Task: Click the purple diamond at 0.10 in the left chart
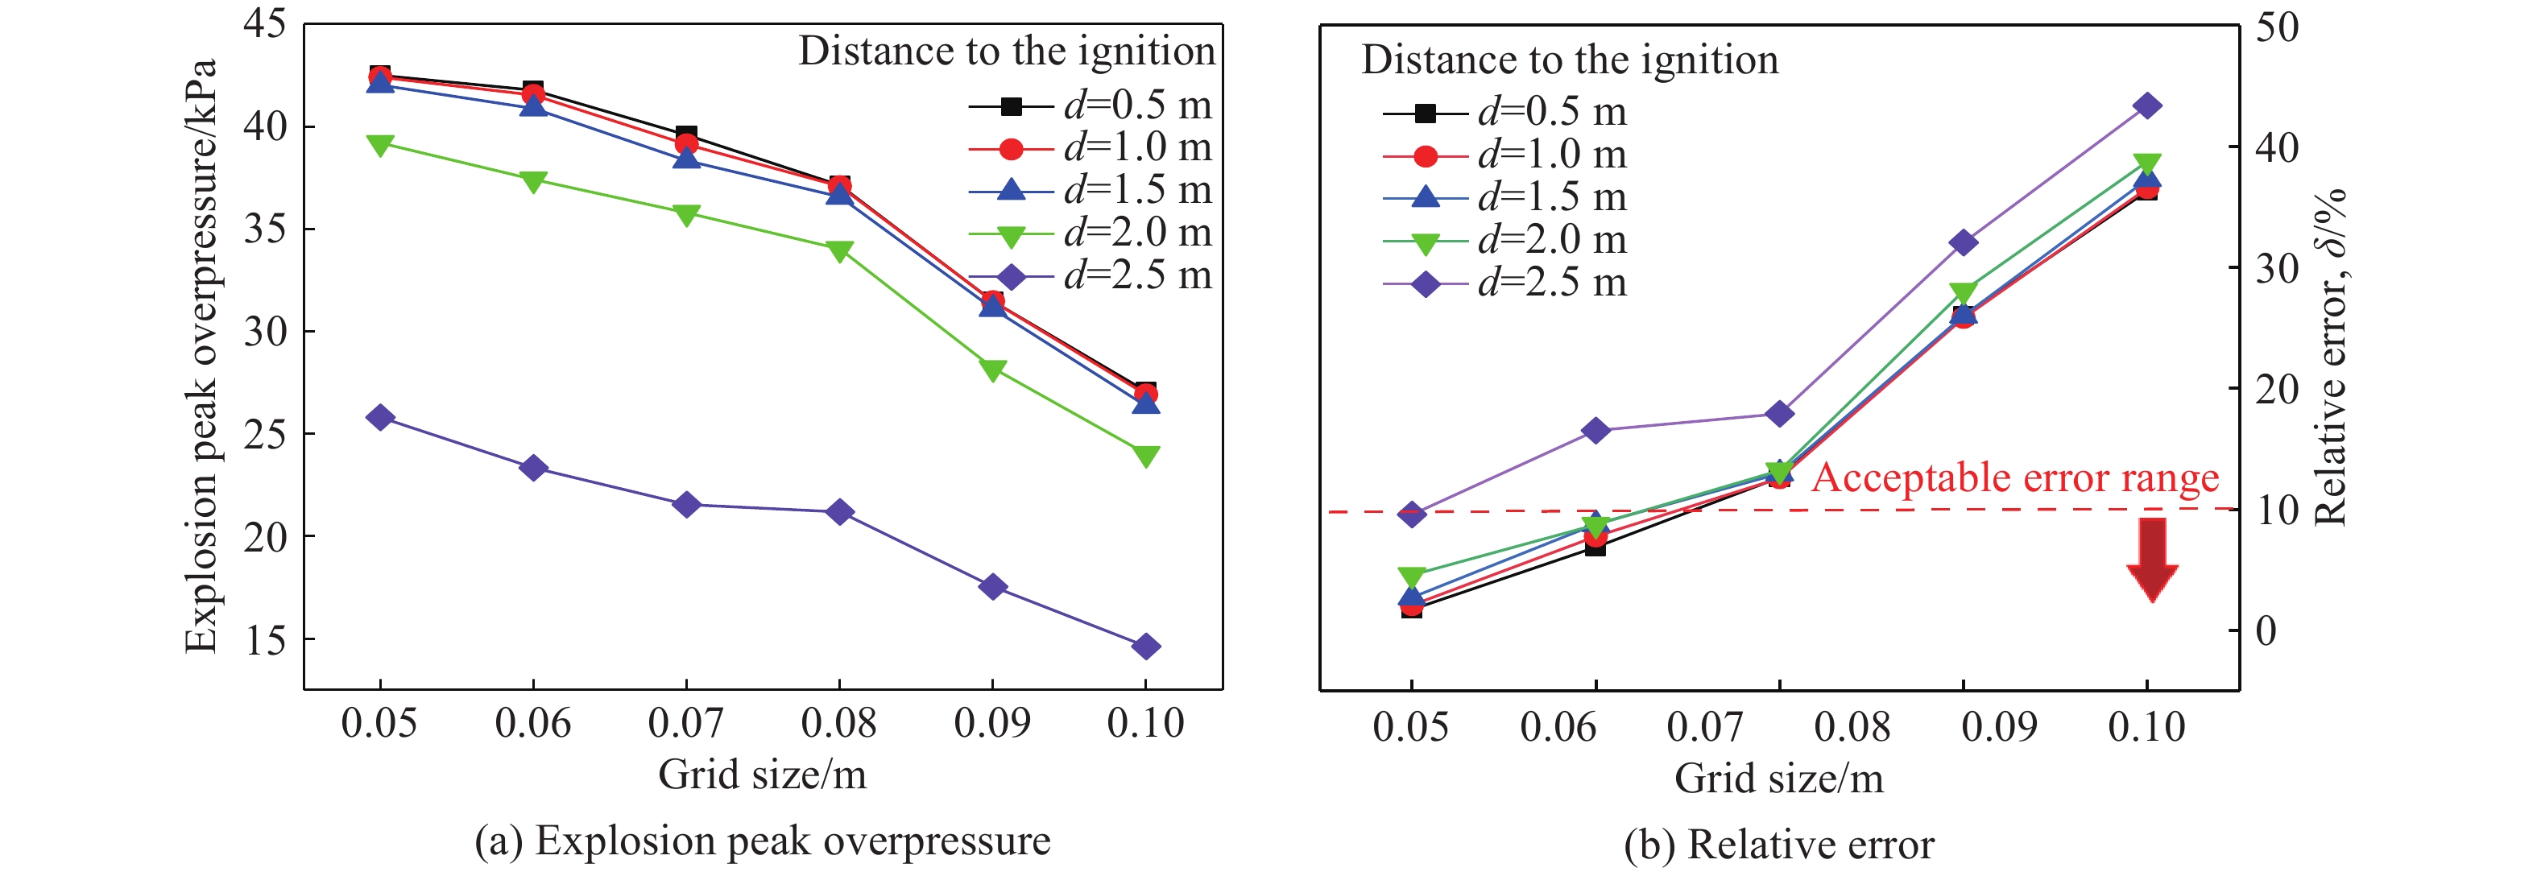click(1145, 647)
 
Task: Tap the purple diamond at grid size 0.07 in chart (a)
click(686, 505)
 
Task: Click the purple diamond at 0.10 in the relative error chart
click(2147, 106)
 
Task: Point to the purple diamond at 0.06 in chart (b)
click(1595, 430)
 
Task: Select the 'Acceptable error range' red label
click(2015, 477)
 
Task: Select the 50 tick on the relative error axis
click(2277, 27)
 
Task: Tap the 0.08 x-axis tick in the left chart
click(839, 723)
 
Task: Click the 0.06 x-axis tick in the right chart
click(1558, 727)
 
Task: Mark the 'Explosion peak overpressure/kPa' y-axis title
click(202, 354)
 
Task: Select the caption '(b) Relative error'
click(1778, 845)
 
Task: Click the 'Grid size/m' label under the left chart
click(762, 775)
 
